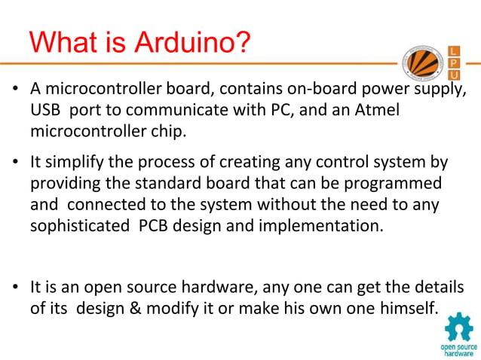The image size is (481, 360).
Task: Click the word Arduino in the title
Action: (x=191, y=43)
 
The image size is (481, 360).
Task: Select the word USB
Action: (x=45, y=110)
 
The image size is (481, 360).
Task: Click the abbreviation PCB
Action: (x=156, y=226)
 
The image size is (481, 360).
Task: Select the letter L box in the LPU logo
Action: (x=454, y=50)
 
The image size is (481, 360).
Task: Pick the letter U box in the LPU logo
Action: (x=454, y=76)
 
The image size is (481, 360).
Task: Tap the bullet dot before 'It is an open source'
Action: (x=14, y=288)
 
